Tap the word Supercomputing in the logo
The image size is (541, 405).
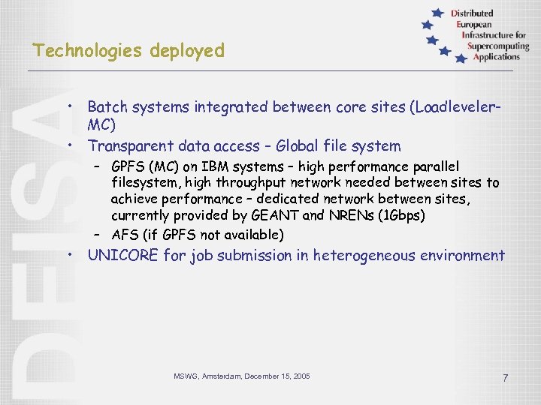coord(497,46)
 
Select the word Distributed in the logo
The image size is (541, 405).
coord(473,13)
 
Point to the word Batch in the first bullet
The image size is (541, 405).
coord(107,106)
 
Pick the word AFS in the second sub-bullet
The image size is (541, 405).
coord(125,235)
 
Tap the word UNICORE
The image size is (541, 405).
coord(123,256)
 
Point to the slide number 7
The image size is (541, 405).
coord(505,378)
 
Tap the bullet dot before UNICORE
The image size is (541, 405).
coord(69,255)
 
